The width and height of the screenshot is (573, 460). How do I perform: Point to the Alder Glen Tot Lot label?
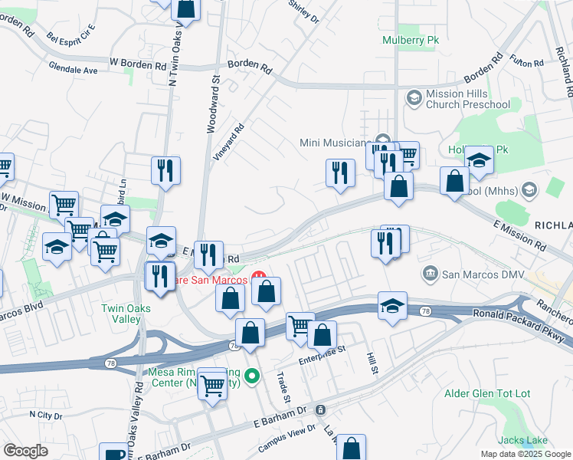[x=487, y=394]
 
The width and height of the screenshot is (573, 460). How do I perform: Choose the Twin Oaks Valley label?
[x=126, y=314]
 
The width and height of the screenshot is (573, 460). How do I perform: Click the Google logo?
[x=25, y=451]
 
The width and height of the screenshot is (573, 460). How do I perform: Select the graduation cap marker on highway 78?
[x=392, y=307]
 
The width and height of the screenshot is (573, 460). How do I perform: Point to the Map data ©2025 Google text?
[x=525, y=454]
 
